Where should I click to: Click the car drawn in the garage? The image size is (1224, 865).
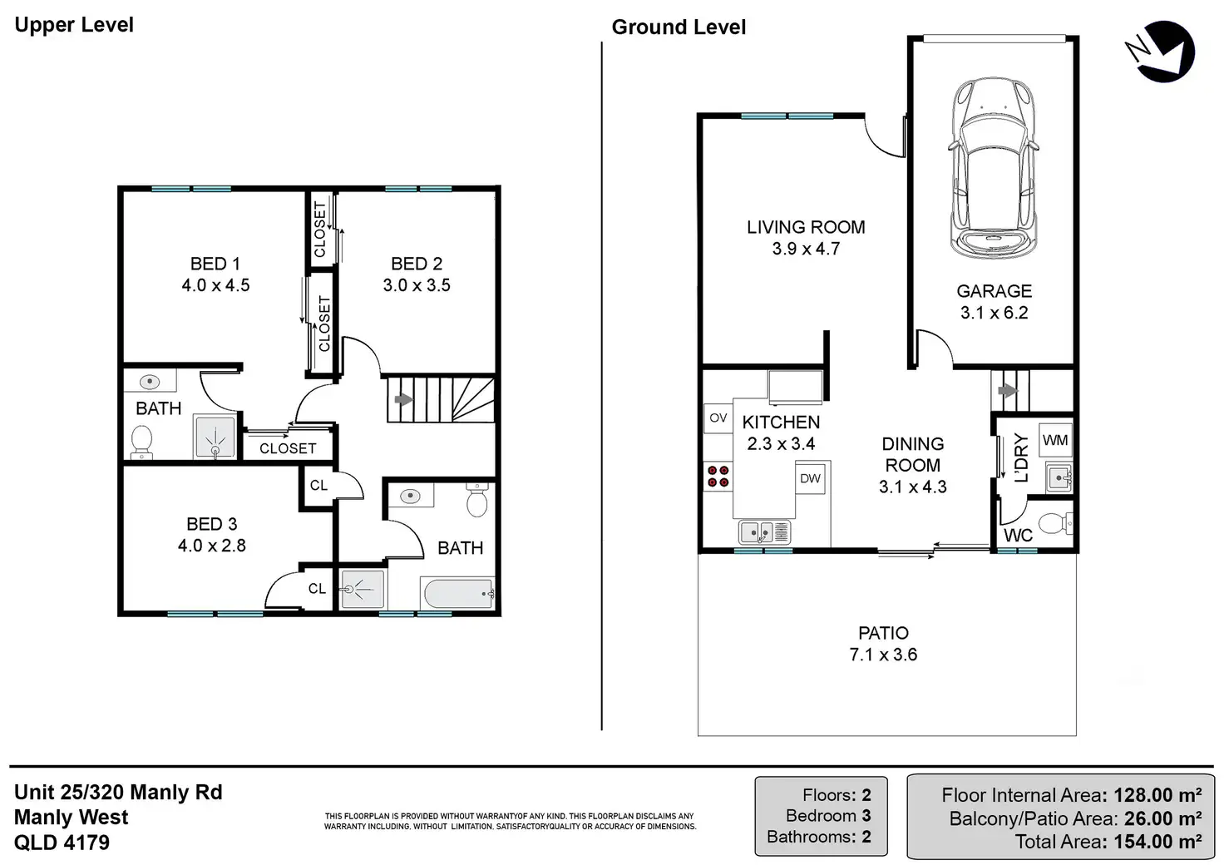click(993, 168)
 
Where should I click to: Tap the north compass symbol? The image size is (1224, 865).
click(1161, 52)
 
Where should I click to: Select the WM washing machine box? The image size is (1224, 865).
click(1055, 440)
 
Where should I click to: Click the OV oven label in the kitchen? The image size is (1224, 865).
click(718, 418)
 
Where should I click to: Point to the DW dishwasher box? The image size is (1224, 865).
click(811, 478)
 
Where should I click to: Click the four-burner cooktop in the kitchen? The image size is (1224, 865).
click(718, 476)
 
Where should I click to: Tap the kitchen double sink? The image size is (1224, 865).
click(764, 531)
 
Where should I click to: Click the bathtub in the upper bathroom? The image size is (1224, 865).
click(458, 593)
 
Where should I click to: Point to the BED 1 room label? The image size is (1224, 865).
click(215, 264)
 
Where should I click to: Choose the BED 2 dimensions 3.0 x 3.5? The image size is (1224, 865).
click(417, 285)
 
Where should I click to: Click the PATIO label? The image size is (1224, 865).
click(884, 633)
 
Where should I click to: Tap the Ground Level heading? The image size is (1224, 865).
click(679, 27)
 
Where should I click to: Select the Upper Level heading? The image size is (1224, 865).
click(74, 25)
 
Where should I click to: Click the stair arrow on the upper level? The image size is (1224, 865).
click(404, 399)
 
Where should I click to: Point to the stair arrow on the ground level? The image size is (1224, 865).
click(1008, 390)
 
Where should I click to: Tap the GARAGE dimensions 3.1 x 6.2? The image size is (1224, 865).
click(994, 313)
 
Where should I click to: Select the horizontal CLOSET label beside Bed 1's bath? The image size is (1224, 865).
click(288, 448)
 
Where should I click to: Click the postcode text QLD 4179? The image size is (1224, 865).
click(62, 843)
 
